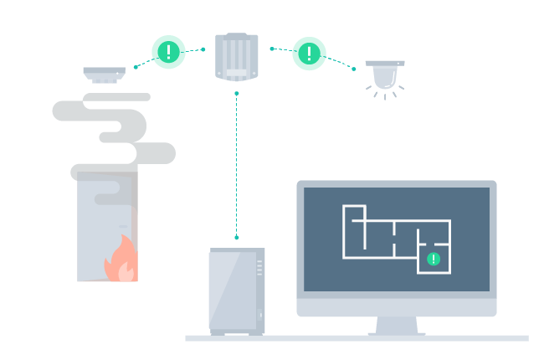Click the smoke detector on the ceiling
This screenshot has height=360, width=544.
(x=104, y=75)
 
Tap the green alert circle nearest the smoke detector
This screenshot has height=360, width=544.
(x=168, y=52)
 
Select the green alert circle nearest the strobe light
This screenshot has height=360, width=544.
(x=309, y=54)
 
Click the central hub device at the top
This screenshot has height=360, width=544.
(x=237, y=57)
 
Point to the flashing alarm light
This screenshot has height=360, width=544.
(x=385, y=76)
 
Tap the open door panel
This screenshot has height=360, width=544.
(x=105, y=226)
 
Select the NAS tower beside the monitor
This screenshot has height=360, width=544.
(x=235, y=291)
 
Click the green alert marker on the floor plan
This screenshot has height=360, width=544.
(x=434, y=259)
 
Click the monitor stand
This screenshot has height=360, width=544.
(x=397, y=326)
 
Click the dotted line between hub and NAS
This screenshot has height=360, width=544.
(x=237, y=167)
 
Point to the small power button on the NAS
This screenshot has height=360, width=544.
(x=260, y=316)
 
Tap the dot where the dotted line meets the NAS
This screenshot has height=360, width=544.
(x=237, y=238)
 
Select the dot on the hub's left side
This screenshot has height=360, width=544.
(x=203, y=49)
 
